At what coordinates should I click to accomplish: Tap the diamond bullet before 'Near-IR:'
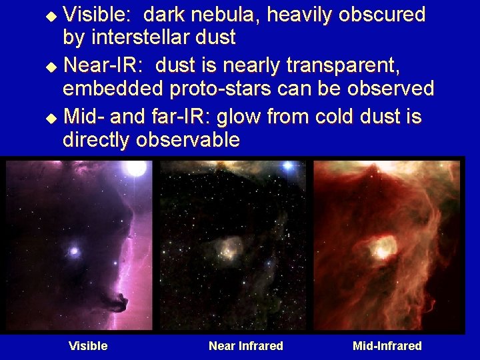pos(55,66)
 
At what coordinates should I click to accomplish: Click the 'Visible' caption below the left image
pos(88,345)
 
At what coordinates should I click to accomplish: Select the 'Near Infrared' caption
pos(245,345)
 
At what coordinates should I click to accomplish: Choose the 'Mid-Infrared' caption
pos(387,345)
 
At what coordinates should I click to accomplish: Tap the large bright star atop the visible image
pos(136,167)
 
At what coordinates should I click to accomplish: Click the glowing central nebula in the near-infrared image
pos(231,249)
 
